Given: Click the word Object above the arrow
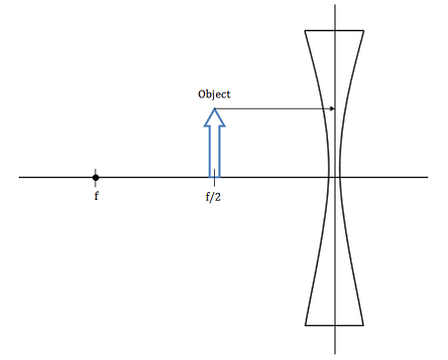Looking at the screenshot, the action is coord(214,93).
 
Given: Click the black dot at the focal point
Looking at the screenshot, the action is coord(96,177).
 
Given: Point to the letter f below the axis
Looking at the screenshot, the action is coord(97,196).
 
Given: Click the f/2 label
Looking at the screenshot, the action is coord(213,196).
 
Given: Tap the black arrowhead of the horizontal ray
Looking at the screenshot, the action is coord(332,108).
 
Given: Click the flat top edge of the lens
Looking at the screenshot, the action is coord(336,31).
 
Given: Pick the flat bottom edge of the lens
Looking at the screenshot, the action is coord(336,324).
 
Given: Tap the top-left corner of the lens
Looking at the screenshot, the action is coord(305,31).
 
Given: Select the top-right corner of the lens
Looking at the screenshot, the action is coord(366,31).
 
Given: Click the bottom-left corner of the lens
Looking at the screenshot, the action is coord(305,324).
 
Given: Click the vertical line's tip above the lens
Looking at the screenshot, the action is coord(336,6).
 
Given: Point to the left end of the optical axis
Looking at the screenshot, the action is coord(20,177).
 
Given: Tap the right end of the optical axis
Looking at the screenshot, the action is coord(427,177).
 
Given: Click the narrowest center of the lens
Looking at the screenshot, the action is coord(336,177).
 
